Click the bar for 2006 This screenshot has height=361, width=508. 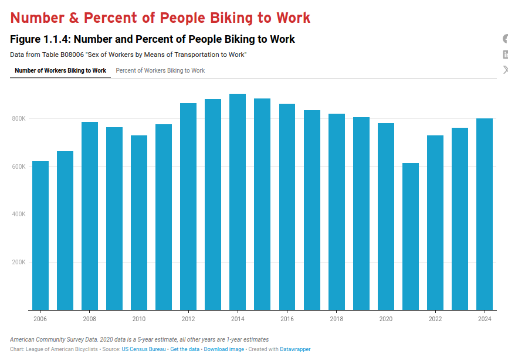coord(40,235)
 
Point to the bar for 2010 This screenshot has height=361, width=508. coord(139,223)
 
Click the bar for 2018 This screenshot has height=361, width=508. coord(337,212)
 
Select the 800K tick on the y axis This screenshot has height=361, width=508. coord(19,119)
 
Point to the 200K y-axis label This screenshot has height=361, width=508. coord(19,262)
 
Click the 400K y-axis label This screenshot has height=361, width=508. coord(19,214)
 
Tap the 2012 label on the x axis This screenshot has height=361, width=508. coord(188,319)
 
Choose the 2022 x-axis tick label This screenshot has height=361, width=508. coord(435,319)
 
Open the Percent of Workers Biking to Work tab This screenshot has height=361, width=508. coord(160,71)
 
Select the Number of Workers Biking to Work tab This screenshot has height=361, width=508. coord(60,71)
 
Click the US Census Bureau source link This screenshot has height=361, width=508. coord(144,349)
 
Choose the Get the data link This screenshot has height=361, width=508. coord(185,349)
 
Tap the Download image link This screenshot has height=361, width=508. coord(223,349)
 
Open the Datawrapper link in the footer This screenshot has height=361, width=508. coord(295,349)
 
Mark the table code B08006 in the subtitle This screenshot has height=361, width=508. coord(73,55)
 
